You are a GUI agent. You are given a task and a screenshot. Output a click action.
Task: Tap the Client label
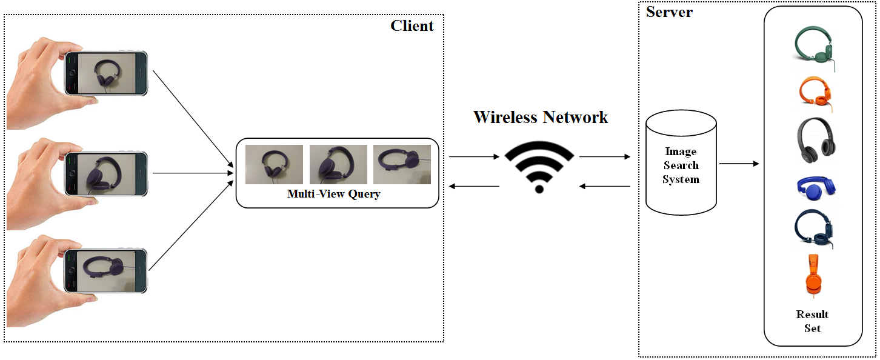pyautogui.click(x=412, y=25)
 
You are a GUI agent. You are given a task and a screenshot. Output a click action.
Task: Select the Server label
pyautogui.click(x=669, y=12)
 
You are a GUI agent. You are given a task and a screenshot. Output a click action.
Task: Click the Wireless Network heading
pyautogui.click(x=541, y=117)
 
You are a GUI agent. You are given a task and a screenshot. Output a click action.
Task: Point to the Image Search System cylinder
pyautogui.click(x=681, y=165)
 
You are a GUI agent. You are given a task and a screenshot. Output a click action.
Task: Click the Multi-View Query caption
pyautogui.click(x=333, y=195)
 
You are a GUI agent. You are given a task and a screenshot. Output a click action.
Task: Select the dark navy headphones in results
pyautogui.click(x=813, y=228)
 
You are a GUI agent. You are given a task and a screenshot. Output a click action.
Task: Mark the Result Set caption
pyautogui.click(x=813, y=321)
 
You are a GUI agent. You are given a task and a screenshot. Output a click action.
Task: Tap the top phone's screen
pyautogui.click(x=107, y=73)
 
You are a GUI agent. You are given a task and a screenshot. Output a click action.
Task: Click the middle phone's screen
pyautogui.click(x=107, y=173)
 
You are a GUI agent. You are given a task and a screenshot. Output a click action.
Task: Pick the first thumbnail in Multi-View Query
pyautogui.click(x=274, y=164)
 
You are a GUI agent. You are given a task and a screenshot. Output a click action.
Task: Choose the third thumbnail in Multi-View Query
pyautogui.click(x=402, y=164)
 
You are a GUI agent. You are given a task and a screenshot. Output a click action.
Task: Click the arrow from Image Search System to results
pyautogui.click(x=739, y=164)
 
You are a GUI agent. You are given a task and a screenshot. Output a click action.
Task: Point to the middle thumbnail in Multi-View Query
pyautogui.click(x=338, y=164)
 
